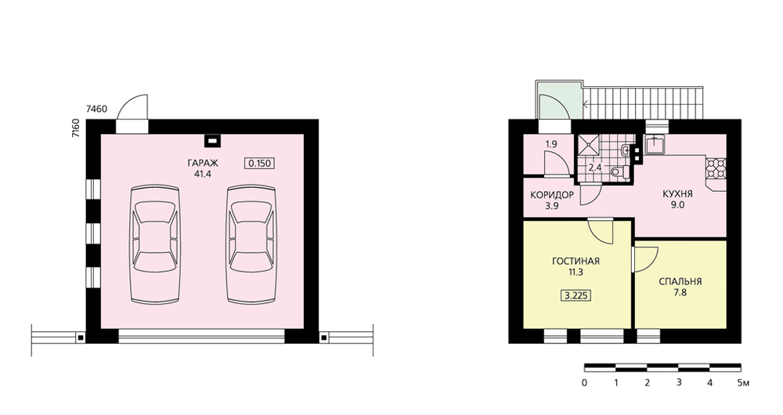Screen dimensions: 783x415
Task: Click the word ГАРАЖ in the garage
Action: [203, 164]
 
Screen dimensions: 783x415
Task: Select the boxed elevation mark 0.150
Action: [260, 164]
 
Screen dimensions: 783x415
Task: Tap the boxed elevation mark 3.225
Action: [576, 296]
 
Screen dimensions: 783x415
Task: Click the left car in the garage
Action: [154, 244]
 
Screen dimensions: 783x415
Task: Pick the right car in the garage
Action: [251, 244]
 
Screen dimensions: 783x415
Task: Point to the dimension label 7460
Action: [96, 108]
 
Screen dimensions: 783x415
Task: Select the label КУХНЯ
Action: [677, 193]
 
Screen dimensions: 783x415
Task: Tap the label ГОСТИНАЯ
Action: [576, 262]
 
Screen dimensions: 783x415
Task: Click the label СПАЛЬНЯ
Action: [680, 282]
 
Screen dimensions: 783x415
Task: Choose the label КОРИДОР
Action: [552, 195]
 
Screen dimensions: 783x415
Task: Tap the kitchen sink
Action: [654, 144]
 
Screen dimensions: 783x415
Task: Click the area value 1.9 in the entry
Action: [550, 144]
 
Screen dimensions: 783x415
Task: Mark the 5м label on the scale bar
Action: [744, 383]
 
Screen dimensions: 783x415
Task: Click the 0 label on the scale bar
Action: [584, 383]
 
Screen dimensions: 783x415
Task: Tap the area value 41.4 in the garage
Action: [203, 175]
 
